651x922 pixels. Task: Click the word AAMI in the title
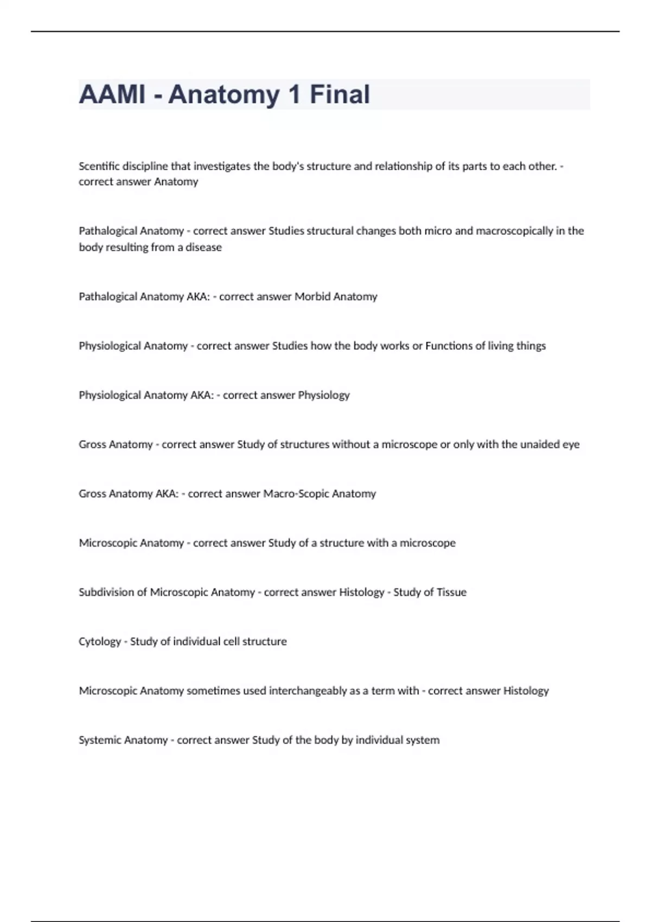point(112,94)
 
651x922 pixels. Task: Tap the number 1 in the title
point(294,94)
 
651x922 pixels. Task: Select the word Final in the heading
point(340,94)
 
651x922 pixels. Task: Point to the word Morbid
point(312,297)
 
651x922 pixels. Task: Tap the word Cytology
point(100,642)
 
